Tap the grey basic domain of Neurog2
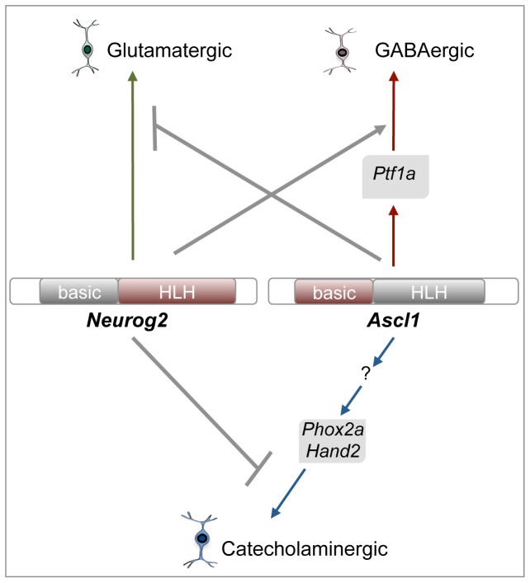[x=79, y=291]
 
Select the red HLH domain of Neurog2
[x=177, y=291]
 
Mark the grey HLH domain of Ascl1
[x=429, y=291]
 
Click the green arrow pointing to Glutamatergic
[x=132, y=165]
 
